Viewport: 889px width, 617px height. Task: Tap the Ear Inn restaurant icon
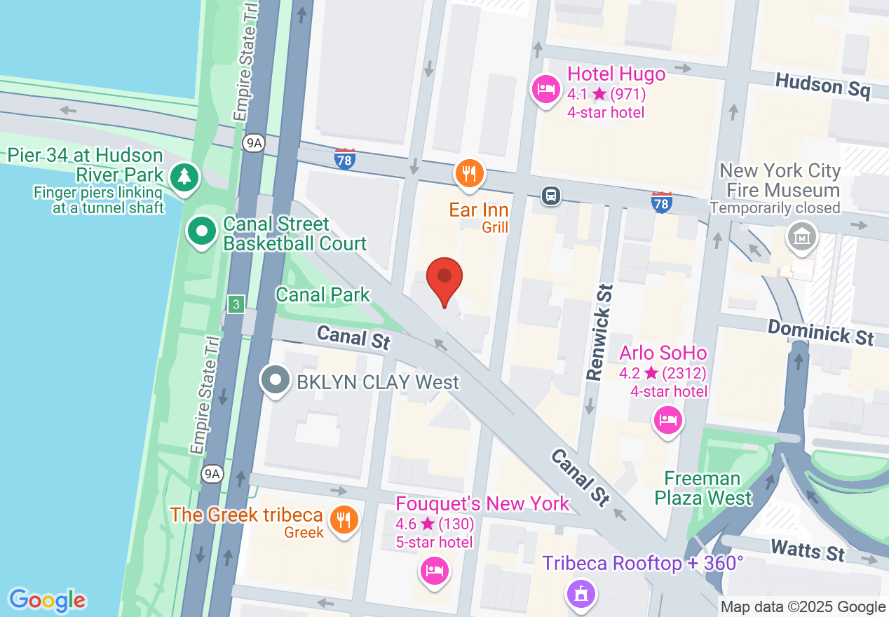click(469, 172)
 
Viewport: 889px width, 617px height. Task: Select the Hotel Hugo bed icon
click(545, 89)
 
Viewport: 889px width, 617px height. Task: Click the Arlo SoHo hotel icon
click(667, 420)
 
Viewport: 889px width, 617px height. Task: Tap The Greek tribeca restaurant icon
click(344, 520)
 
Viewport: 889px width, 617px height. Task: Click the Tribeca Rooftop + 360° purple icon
click(581, 595)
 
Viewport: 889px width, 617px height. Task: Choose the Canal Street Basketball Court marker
click(202, 231)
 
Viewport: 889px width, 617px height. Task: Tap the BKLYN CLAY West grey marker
click(276, 380)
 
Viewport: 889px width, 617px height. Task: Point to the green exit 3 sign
click(236, 304)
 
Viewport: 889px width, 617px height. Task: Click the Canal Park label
click(323, 294)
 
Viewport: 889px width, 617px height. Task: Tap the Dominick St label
click(820, 332)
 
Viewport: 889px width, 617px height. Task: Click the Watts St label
click(807, 550)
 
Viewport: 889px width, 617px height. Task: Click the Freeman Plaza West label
click(703, 489)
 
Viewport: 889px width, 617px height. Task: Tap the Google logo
click(48, 600)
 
